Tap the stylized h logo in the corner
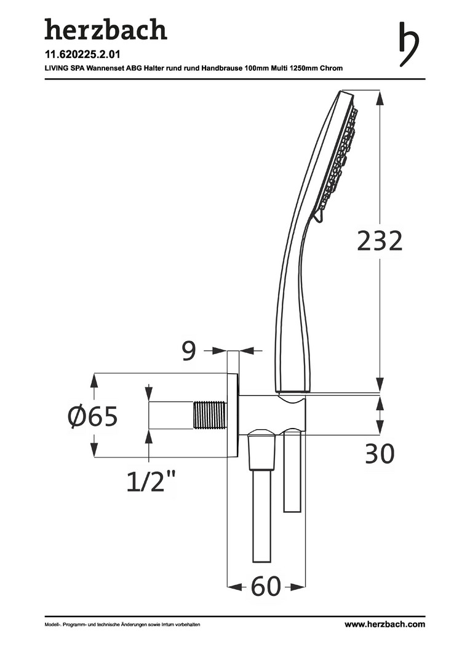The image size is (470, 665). tap(409, 44)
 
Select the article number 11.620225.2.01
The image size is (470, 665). tap(82, 54)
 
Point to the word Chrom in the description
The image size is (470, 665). tap(331, 68)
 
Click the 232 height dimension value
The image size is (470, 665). tap(380, 241)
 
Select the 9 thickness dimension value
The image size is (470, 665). tap(189, 351)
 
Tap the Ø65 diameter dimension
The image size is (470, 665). tap(93, 416)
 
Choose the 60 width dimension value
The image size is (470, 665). tap(266, 587)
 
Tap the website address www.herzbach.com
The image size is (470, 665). tap(384, 624)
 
